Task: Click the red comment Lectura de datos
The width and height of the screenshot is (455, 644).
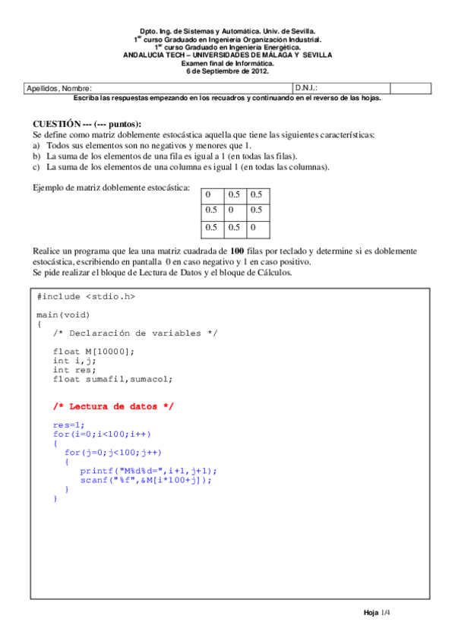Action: point(113,406)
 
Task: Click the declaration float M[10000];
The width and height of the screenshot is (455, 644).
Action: point(93,351)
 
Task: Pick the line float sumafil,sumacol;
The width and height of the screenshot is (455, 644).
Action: point(112,378)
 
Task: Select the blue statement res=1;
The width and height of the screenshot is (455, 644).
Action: point(69,425)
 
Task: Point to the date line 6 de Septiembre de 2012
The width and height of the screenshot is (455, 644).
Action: point(227,71)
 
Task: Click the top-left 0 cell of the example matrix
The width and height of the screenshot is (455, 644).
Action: point(208,194)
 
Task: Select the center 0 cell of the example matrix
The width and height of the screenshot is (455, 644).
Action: point(230,210)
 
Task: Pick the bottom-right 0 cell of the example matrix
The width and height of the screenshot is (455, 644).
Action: point(253,226)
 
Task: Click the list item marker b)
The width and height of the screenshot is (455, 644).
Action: point(36,155)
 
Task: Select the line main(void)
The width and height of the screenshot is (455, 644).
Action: point(64,314)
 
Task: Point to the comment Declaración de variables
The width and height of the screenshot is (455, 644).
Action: point(135,333)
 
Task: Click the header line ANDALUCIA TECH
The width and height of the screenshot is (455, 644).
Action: point(227,55)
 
